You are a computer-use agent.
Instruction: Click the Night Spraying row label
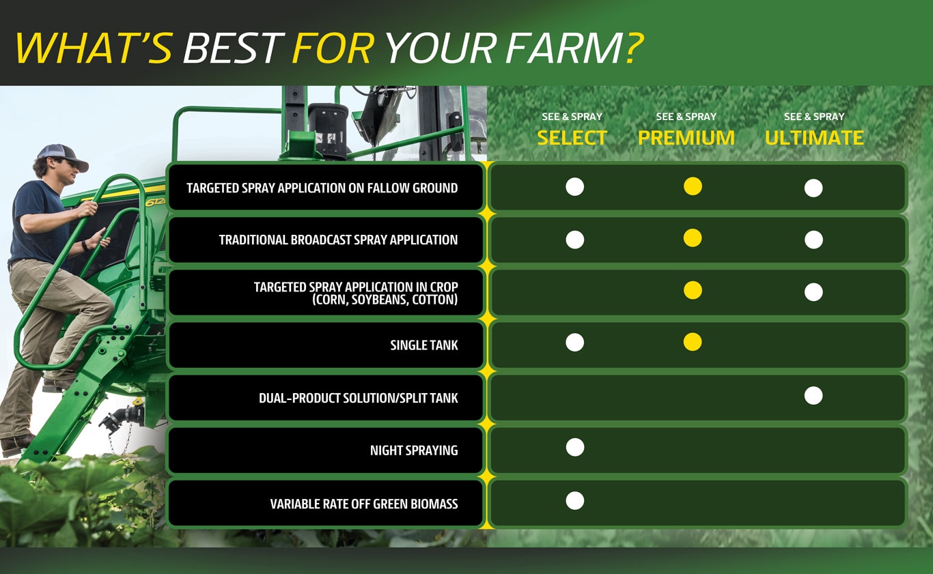[414, 450]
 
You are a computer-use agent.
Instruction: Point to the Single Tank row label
[424, 345]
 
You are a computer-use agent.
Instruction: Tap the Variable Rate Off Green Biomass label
[364, 504]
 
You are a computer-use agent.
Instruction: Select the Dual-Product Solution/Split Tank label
[358, 398]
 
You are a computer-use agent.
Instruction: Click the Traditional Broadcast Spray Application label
[338, 240]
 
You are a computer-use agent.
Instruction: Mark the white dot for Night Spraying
[575, 448]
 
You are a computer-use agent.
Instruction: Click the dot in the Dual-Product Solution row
[813, 395]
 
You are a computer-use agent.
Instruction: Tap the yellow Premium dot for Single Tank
[693, 342]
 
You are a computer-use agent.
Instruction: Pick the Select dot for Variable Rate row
[575, 501]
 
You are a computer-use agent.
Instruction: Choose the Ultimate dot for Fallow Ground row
[813, 188]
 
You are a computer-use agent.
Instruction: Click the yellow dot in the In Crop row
[693, 290]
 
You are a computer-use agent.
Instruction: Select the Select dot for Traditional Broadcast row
[575, 240]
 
